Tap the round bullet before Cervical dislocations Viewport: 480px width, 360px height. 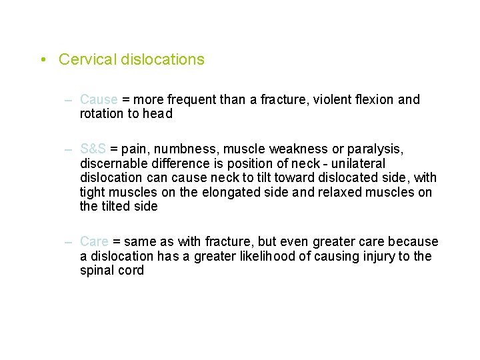coord(43,60)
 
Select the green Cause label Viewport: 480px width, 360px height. coord(99,99)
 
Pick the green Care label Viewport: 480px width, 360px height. coord(94,241)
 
